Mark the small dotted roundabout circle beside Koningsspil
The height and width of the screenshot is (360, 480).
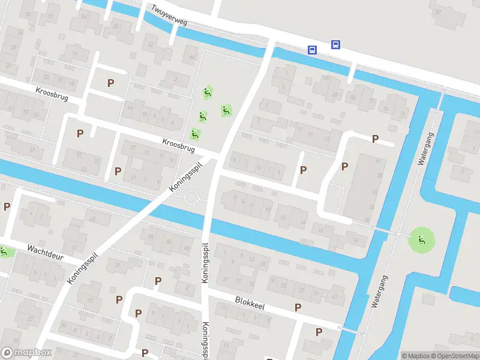pos(191,197)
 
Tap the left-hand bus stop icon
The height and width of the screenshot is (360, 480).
pos(313,50)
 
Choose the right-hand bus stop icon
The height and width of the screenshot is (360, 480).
pos(335,44)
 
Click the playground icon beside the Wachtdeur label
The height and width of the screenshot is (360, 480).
pos(5,252)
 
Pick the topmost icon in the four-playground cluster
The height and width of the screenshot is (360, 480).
pos(208,92)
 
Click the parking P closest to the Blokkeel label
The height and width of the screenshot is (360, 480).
pos(298,307)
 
